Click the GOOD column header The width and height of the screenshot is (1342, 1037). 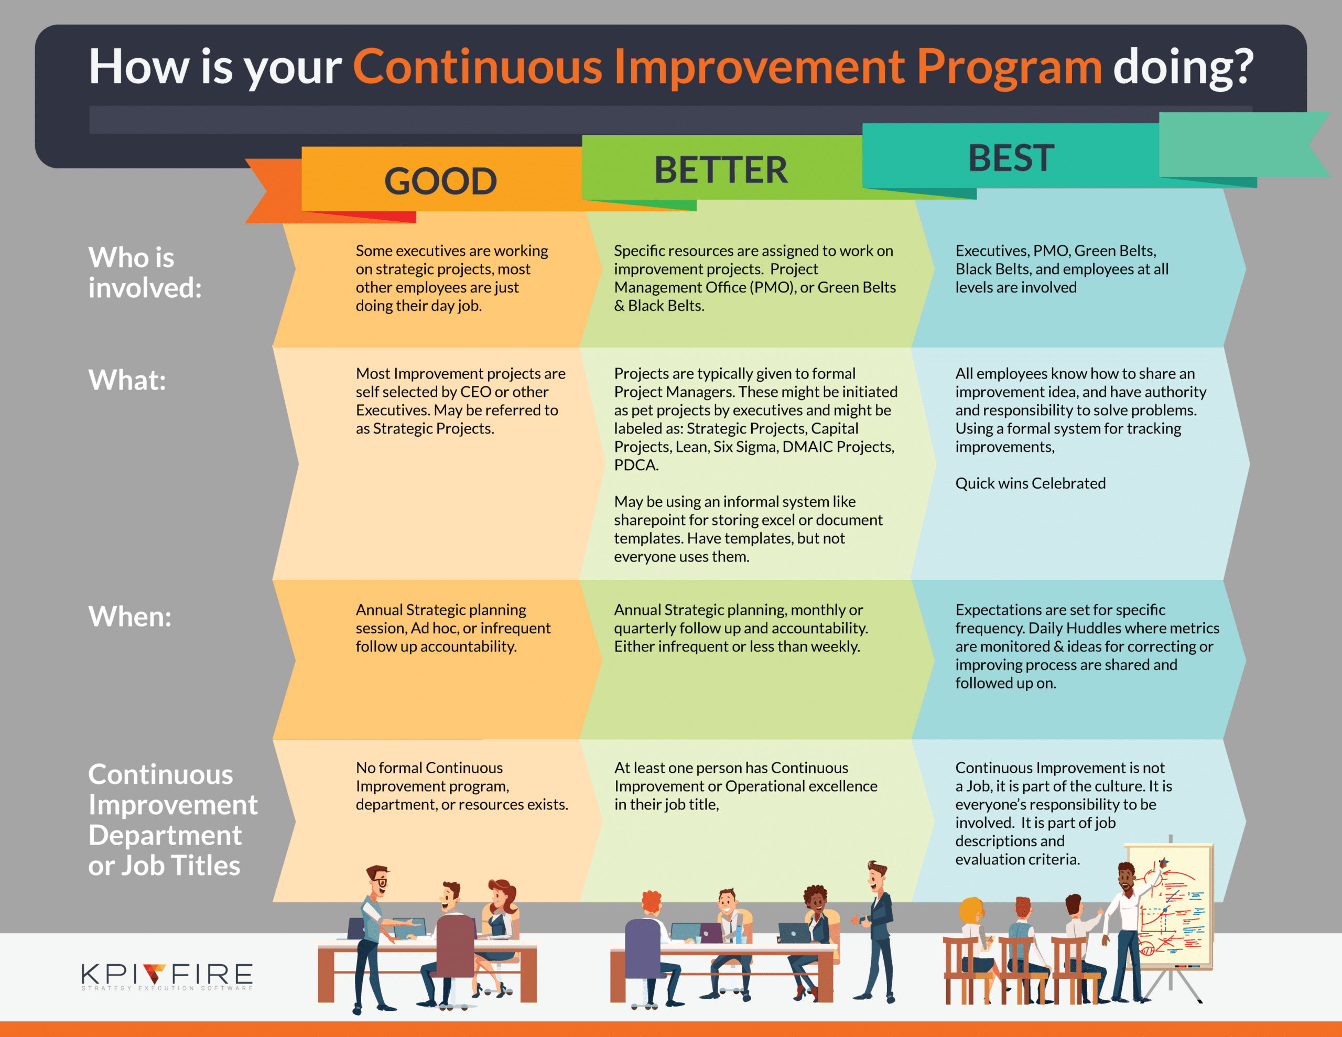pos(440,181)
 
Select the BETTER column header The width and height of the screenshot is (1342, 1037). pos(720,170)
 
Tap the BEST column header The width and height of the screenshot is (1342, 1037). pos(1011,157)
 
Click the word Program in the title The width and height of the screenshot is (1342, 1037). pos(1009,68)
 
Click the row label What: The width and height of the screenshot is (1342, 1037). pos(127,380)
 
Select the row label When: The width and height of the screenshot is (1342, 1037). pos(129,616)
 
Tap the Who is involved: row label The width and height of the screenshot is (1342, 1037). pos(145,272)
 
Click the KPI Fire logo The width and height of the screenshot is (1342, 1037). pos(167,976)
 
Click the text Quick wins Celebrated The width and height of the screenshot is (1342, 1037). pos(1030,483)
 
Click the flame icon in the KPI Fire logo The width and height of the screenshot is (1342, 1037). pos(154,973)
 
